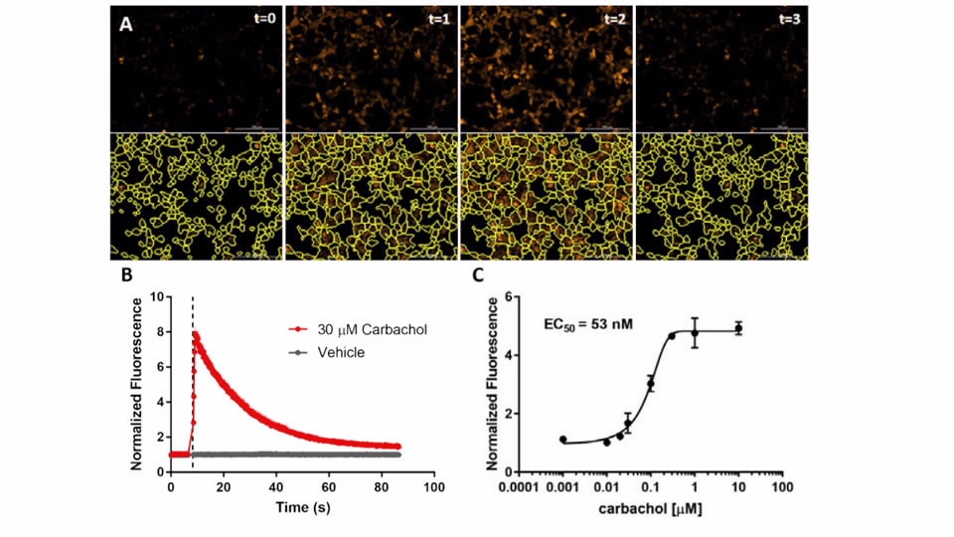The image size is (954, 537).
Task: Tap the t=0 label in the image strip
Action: pos(263,18)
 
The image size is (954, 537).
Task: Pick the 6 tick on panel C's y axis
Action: pos(508,296)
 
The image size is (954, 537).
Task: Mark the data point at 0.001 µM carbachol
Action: pos(562,439)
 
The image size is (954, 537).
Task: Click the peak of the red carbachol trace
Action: pos(196,335)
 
